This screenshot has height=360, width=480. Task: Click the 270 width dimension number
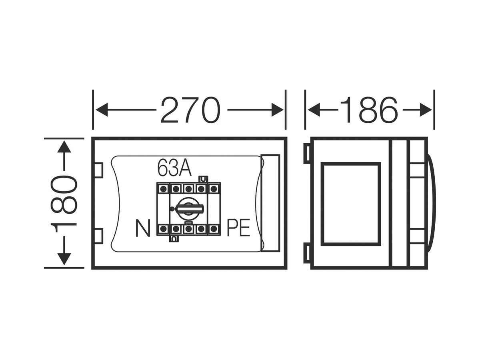[190, 109]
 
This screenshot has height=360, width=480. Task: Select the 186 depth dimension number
[368, 109]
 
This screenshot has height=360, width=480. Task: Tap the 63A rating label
[174, 168]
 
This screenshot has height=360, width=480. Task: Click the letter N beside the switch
[143, 228]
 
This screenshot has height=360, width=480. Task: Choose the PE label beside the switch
[238, 228]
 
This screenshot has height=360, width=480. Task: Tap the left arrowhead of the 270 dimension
[102, 110]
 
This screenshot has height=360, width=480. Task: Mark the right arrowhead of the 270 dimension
[278, 110]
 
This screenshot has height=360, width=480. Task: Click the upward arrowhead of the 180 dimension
[64, 147]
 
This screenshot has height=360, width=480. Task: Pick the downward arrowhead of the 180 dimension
[64, 259]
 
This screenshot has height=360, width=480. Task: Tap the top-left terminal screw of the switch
[164, 188]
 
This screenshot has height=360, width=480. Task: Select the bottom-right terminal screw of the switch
[214, 229]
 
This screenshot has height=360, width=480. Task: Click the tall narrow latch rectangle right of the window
[270, 203]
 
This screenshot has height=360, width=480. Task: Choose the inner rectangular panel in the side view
[351, 204]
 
